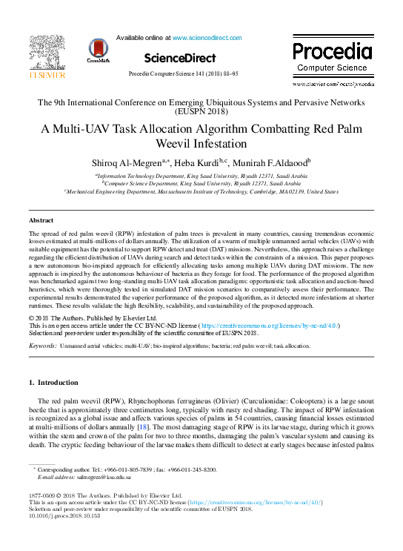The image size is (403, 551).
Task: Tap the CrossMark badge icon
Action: pos(98,51)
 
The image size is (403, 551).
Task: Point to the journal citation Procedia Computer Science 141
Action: pos(183,76)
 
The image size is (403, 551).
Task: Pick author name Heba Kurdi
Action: pos(193,163)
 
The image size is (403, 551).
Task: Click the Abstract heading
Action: pos(41,221)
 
